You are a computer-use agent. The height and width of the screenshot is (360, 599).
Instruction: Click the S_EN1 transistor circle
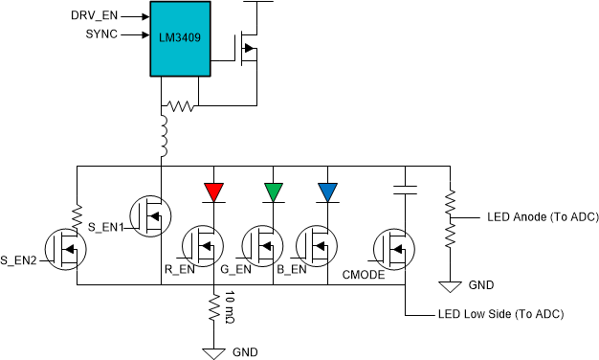[149, 216]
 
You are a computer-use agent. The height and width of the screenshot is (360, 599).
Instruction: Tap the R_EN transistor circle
[204, 246]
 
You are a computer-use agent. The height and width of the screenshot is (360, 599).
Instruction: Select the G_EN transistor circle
[264, 246]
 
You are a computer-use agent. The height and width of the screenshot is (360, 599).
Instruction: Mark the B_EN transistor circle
[320, 246]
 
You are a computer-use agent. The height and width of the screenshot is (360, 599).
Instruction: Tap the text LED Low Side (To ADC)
[499, 314]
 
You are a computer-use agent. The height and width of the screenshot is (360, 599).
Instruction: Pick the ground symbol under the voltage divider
[448, 284]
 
